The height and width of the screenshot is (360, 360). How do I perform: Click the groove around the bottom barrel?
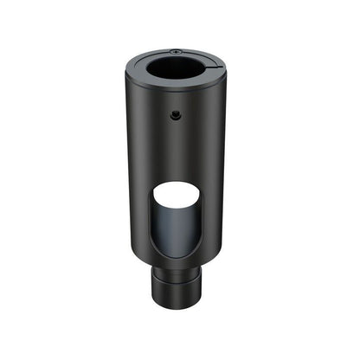pyautogui.click(x=179, y=279)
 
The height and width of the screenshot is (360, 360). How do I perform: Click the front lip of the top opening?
pyautogui.click(x=177, y=87)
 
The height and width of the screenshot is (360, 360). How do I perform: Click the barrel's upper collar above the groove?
pyautogui.click(x=179, y=273)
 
